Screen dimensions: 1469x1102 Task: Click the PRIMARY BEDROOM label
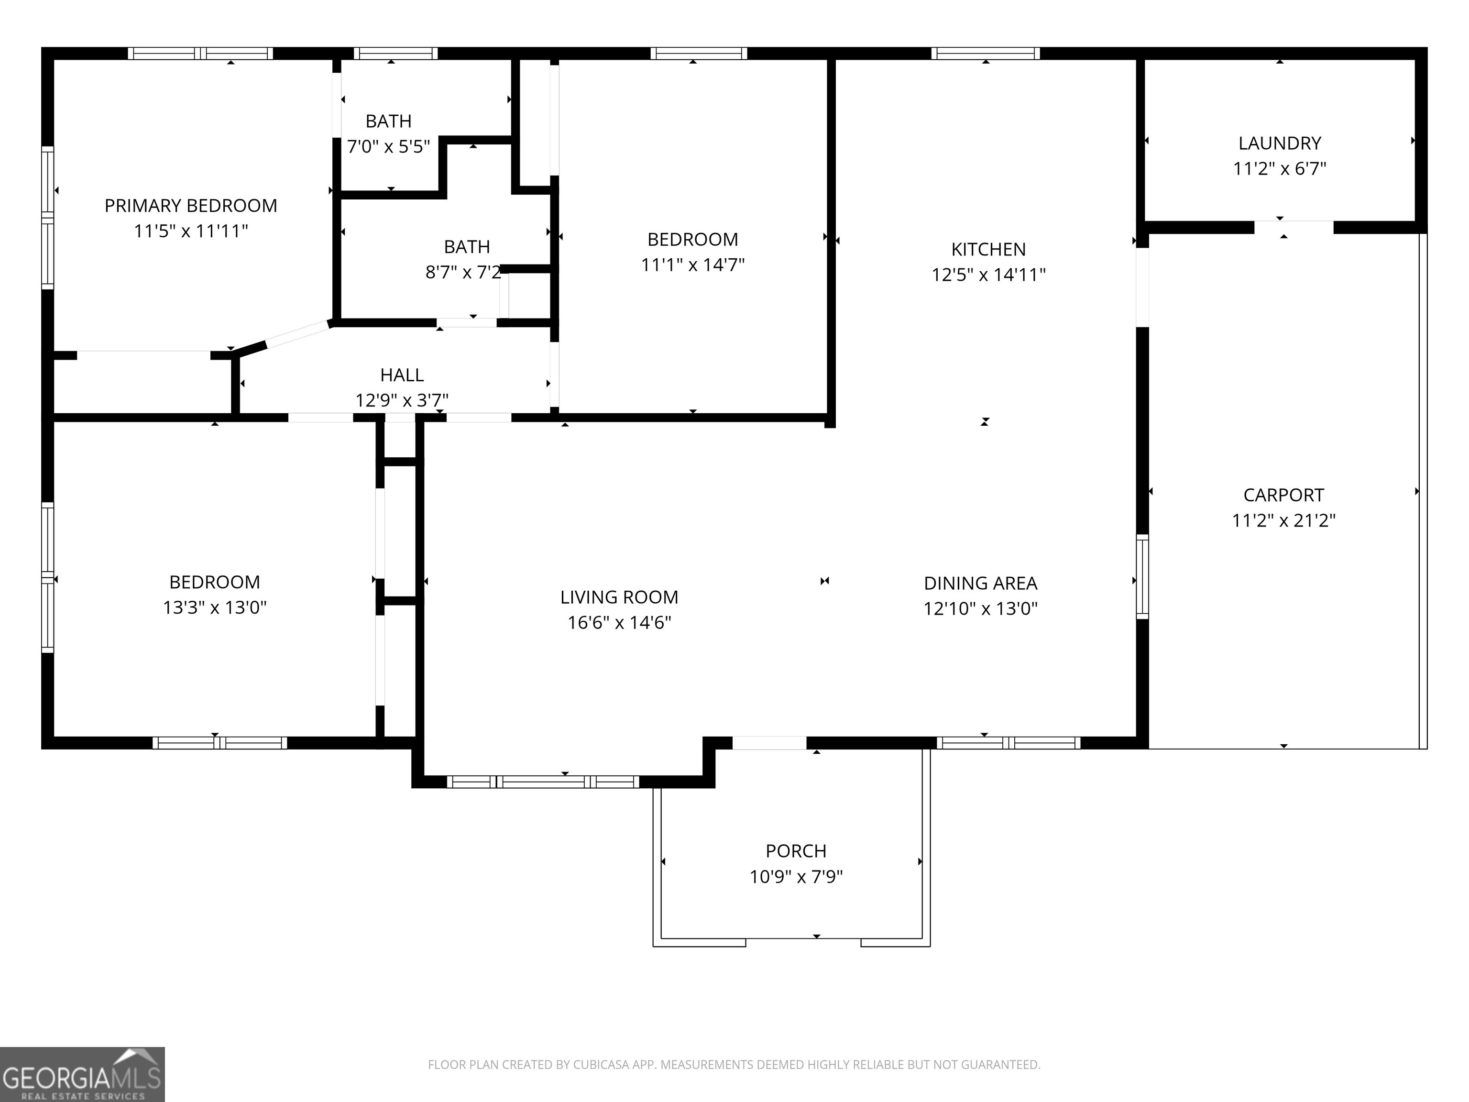click(x=191, y=206)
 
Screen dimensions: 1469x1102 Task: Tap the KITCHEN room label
click(x=988, y=250)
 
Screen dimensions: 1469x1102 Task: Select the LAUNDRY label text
click(x=1280, y=143)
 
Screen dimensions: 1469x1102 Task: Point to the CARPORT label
click(x=1283, y=496)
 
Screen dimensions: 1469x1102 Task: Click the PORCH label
click(x=796, y=851)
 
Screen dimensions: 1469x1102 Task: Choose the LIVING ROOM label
click(x=619, y=598)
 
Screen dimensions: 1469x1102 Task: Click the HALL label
click(x=402, y=375)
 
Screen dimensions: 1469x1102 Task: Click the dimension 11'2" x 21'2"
click(x=1283, y=521)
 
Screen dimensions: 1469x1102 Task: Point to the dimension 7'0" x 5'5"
click(x=388, y=147)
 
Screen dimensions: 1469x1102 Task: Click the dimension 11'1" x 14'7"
click(x=693, y=265)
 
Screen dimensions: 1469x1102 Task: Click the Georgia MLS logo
click(x=82, y=1074)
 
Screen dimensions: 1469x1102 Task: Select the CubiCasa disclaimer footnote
click(x=734, y=1065)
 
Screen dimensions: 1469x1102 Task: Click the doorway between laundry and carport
click(x=1293, y=227)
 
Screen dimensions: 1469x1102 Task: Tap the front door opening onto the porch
click(x=769, y=743)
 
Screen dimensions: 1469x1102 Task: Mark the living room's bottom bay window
click(x=543, y=782)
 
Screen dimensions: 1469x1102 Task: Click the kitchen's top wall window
click(x=985, y=53)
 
